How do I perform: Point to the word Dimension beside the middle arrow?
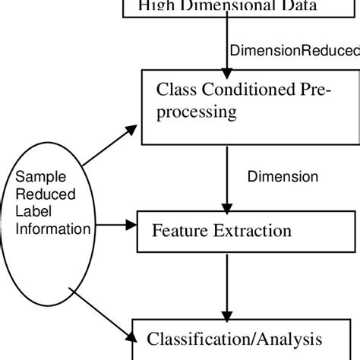click(283, 177)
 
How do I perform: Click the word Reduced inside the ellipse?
click(38, 194)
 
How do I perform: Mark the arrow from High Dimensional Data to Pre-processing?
click(226, 46)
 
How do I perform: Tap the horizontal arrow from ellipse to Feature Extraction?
click(114, 225)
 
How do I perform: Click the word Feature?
click(177, 229)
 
